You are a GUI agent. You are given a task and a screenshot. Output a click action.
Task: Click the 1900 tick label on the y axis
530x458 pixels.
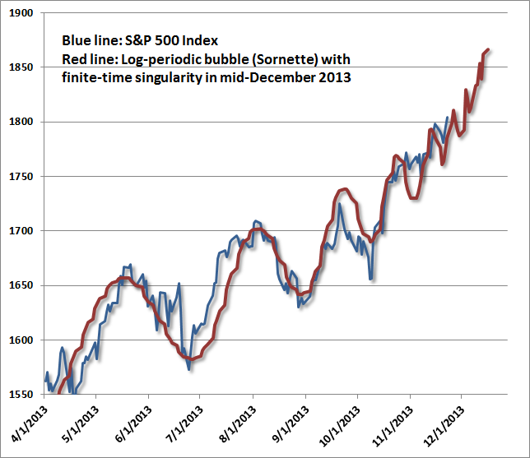click(x=21, y=13)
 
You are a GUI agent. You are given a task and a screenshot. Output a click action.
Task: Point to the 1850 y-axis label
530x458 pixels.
click(x=21, y=67)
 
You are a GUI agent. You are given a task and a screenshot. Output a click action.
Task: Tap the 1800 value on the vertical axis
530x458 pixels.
click(x=21, y=122)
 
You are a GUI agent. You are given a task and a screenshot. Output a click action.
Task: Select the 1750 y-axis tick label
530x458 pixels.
click(x=21, y=177)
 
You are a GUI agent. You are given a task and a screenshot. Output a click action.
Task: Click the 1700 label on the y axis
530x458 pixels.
click(x=21, y=231)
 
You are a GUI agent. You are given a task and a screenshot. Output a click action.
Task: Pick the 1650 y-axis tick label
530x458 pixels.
click(x=21, y=285)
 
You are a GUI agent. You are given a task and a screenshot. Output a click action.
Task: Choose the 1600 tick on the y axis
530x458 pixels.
click(x=21, y=340)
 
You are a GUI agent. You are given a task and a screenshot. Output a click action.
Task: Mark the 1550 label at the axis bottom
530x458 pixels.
click(x=21, y=395)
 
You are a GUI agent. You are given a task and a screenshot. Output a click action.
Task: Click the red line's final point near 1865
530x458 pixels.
click(x=489, y=50)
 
